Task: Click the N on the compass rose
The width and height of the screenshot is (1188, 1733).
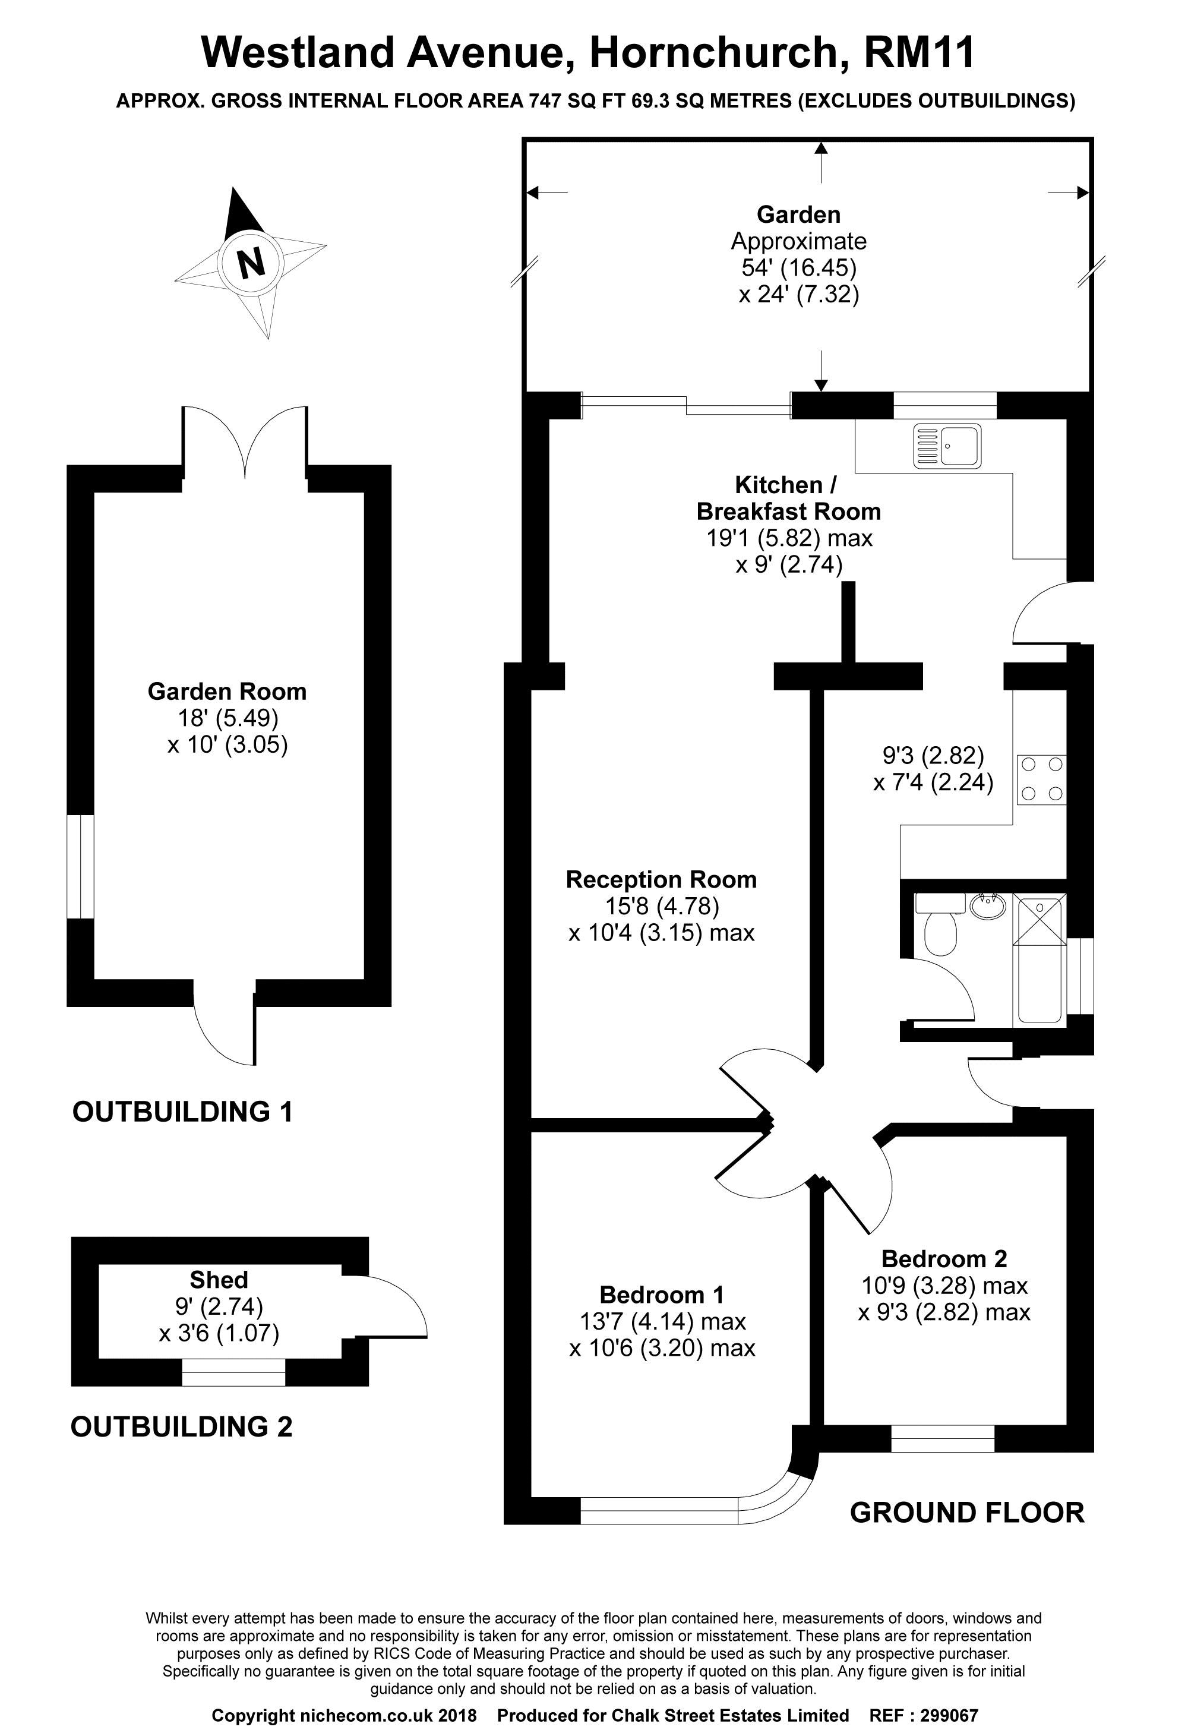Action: [251, 262]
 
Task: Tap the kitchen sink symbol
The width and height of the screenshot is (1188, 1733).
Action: [947, 446]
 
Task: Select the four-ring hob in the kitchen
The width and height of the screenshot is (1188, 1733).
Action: [1041, 779]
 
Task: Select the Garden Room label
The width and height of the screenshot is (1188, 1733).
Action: [227, 692]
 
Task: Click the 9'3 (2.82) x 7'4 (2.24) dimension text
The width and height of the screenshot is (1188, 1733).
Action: [933, 769]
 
